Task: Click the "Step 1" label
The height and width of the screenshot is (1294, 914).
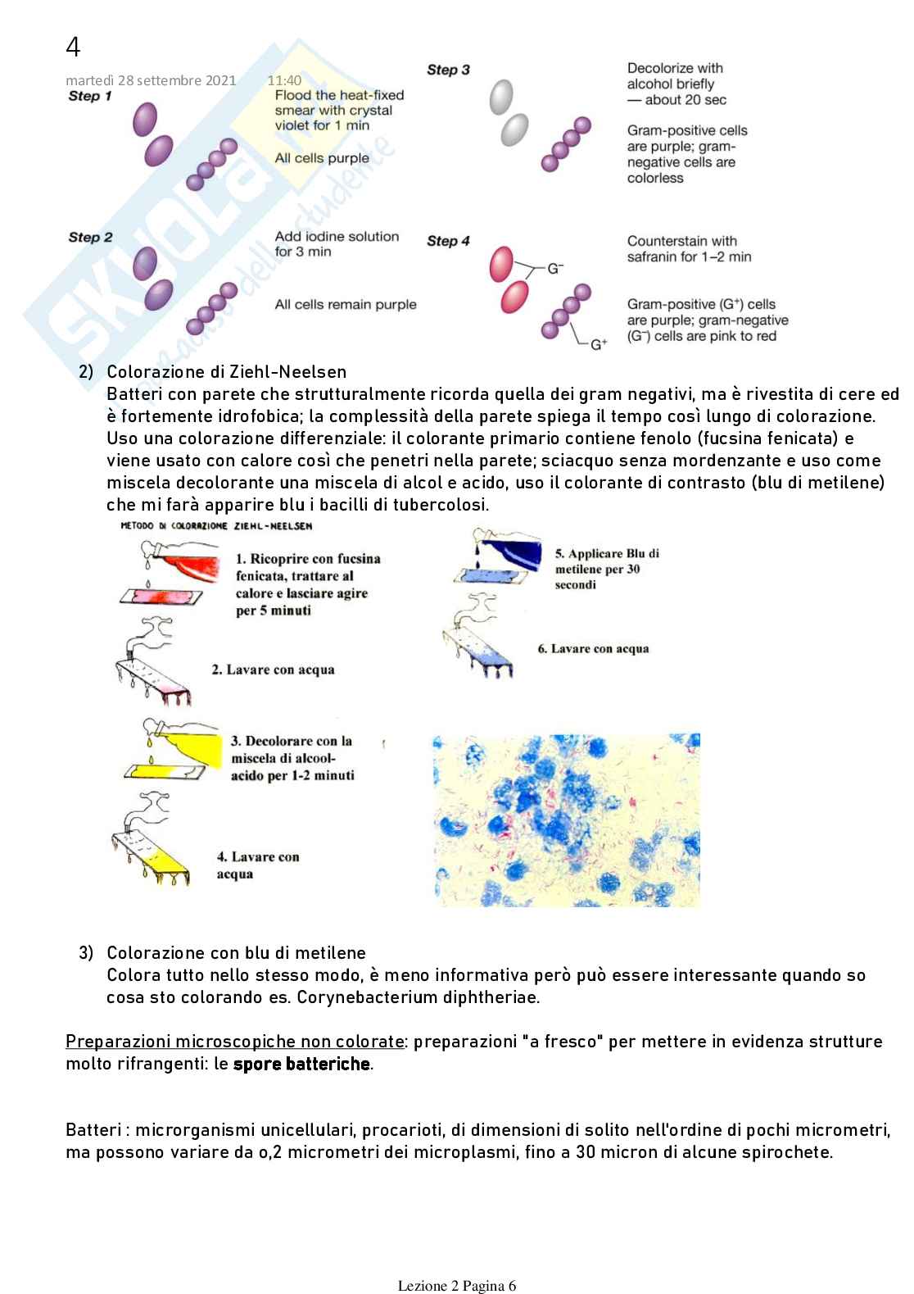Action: (x=90, y=97)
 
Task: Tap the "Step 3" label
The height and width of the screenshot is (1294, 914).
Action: (x=448, y=70)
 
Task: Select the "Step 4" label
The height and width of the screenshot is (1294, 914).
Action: (x=448, y=241)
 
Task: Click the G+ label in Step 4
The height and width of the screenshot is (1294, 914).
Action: (x=599, y=344)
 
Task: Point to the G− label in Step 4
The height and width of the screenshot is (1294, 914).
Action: (x=555, y=268)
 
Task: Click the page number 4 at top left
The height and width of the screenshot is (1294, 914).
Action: (x=73, y=48)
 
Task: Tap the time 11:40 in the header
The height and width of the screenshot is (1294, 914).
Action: (x=284, y=80)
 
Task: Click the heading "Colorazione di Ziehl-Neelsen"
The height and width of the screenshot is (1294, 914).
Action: (x=227, y=372)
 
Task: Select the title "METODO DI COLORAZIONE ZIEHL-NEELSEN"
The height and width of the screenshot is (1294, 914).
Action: (x=216, y=525)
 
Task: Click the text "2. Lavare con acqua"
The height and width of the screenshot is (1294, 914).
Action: (x=273, y=670)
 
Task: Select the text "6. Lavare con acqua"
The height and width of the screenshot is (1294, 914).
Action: (x=593, y=649)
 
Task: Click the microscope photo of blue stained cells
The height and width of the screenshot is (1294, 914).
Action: (x=567, y=820)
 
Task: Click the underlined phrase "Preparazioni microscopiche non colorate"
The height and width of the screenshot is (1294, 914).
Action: (x=234, y=1042)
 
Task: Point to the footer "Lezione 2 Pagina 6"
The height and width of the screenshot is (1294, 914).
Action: (x=457, y=1285)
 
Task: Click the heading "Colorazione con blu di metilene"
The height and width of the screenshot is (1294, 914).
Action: (x=236, y=953)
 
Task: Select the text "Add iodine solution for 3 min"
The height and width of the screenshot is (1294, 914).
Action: (x=337, y=244)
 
